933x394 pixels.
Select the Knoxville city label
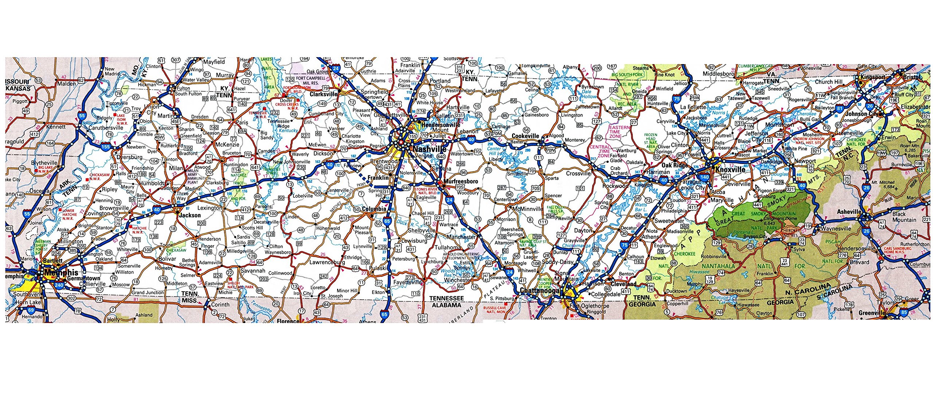coord(730,170)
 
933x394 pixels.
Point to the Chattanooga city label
coord(539,291)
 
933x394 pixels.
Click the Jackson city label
coord(190,215)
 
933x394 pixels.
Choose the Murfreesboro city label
coord(460,181)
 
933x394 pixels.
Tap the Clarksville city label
coord(323,94)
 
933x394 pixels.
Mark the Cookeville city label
coord(525,136)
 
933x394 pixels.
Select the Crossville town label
coord(578,173)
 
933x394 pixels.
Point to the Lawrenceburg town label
coord(327,262)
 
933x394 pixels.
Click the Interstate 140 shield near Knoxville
coord(704,177)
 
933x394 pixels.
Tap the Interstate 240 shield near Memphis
coord(59,286)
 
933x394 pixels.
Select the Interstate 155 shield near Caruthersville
coord(105,147)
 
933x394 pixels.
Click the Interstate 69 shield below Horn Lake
coord(31,310)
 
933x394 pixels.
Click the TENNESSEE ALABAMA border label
coord(446,302)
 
